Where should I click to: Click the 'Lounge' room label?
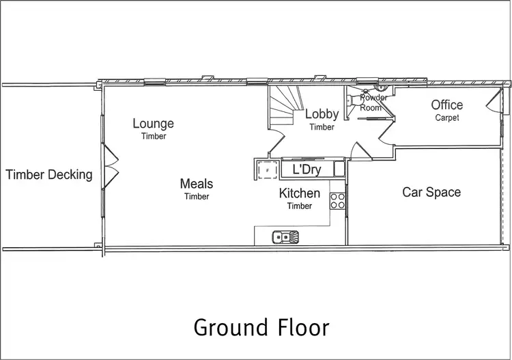[153, 124]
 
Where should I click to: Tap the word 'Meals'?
[196, 184]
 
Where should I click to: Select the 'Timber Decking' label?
[48, 175]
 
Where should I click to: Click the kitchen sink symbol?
[285, 237]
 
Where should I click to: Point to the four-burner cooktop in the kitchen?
[337, 200]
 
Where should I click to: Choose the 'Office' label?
[446, 105]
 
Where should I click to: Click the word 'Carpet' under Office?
[447, 117]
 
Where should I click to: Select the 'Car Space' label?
[431, 193]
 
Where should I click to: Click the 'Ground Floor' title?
[261, 327]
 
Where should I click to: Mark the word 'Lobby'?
[322, 114]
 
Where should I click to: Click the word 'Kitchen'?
[299, 193]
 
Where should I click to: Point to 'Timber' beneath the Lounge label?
[154, 136]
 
